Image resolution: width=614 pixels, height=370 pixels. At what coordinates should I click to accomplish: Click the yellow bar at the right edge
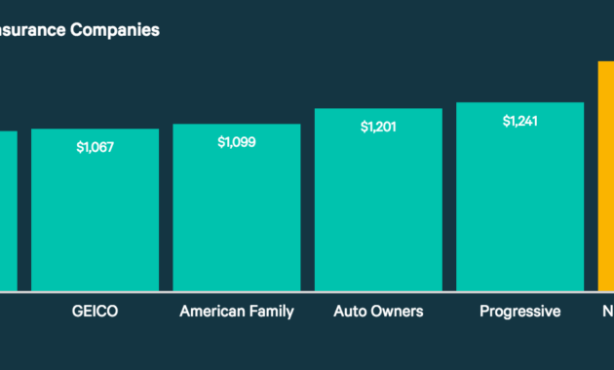pyautogui.click(x=605, y=175)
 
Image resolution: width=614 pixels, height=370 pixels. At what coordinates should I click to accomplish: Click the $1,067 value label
pyautogui.click(x=95, y=147)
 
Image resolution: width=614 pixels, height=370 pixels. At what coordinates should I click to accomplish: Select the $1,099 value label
pyautogui.click(x=237, y=142)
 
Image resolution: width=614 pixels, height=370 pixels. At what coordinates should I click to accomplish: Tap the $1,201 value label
pyautogui.click(x=378, y=127)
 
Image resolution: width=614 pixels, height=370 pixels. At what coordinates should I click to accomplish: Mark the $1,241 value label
pyautogui.click(x=519, y=121)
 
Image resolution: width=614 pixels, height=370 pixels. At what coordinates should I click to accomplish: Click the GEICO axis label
pyautogui.click(x=96, y=312)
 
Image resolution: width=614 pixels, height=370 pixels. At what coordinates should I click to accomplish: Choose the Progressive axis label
pyautogui.click(x=519, y=312)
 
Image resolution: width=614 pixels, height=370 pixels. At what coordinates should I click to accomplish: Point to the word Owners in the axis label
pyautogui.click(x=398, y=312)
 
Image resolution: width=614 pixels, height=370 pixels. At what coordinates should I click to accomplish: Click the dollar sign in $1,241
pyautogui.click(x=505, y=121)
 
